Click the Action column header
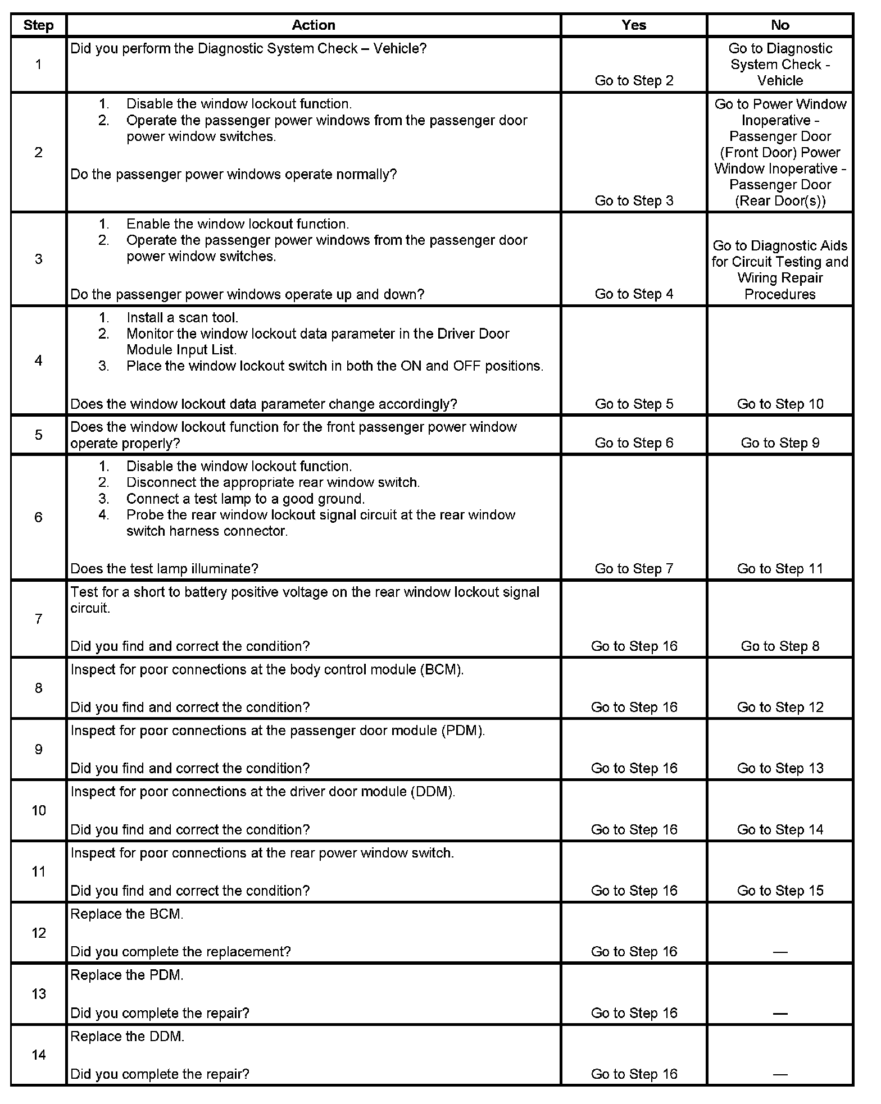tap(314, 25)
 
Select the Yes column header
tap(634, 25)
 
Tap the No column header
tap(780, 25)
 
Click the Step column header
tap(38, 26)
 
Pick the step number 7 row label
tap(38, 619)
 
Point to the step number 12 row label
tap(38, 933)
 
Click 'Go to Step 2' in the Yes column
tap(634, 81)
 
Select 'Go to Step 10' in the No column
tap(780, 404)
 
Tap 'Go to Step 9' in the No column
tap(780, 443)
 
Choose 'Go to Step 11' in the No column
tap(780, 569)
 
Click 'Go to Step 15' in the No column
tap(780, 891)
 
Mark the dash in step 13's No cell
tap(780, 1014)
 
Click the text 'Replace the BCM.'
tap(127, 914)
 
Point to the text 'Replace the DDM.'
tap(128, 1037)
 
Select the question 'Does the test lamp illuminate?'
tap(164, 569)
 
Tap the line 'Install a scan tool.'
tap(182, 318)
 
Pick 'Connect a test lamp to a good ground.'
tap(246, 499)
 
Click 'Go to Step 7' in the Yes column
tap(634, 569)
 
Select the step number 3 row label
tap(38, 259)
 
